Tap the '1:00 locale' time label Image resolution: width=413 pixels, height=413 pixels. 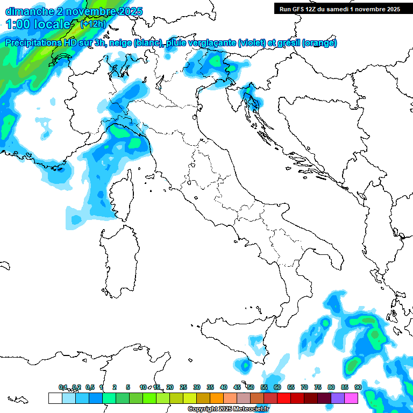tap(38, 24)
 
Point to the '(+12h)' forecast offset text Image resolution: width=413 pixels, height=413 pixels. tap(93, 24)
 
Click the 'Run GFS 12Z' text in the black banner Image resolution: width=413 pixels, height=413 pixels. tap(301, 9)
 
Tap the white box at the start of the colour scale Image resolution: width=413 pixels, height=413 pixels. tap(55, 398)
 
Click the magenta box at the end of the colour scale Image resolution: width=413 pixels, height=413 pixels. tap(351, 398)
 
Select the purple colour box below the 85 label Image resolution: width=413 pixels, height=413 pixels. tap(338, 398)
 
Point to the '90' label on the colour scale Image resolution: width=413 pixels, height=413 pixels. tap(358, 387)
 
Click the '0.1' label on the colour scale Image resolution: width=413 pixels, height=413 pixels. tap(63, 387)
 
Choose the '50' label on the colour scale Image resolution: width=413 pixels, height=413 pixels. tap(251, 387)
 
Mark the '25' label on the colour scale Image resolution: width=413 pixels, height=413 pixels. tap(183, 387)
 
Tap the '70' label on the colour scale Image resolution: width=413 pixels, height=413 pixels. tap(304, 387)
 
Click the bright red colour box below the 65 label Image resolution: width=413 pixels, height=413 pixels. tap(284, 398)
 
